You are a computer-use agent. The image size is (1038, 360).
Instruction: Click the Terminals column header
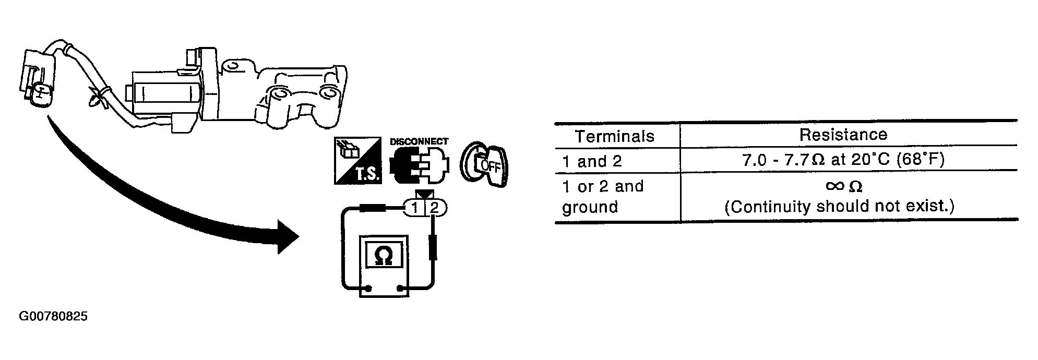point(614,136)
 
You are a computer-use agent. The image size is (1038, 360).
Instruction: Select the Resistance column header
point(843,135)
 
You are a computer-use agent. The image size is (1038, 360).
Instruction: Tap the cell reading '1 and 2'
point(592,161)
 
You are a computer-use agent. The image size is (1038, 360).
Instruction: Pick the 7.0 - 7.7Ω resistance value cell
point(843,160)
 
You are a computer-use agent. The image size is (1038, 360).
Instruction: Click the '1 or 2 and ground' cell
point(603,197)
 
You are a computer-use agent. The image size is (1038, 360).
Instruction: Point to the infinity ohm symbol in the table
point(843,186)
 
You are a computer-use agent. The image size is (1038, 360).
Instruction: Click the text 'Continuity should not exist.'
point(839,207)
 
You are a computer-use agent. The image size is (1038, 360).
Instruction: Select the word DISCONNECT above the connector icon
point(419,141)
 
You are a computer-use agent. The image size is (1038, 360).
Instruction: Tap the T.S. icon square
point(359,160)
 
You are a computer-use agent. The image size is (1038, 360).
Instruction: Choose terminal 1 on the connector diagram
point(415,209)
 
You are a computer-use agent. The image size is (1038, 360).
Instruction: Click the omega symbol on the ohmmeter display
point(384,255)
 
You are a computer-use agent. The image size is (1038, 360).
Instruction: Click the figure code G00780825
point(53,317)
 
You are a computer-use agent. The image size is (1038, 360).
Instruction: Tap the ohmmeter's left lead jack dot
point(368,288)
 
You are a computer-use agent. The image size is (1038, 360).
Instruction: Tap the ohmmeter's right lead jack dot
point(400,288)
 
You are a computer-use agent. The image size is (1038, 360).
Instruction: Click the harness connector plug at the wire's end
point(37,78)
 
